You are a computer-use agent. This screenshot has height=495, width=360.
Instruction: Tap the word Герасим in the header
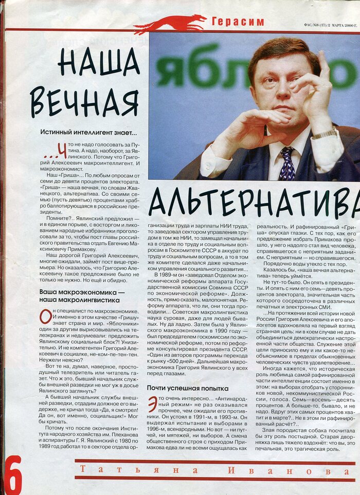(x=238, y=22)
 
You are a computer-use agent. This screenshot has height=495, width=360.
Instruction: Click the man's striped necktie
(x=287, y=163)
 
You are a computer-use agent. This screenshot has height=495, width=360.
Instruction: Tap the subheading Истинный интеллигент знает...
(x=88, y=132)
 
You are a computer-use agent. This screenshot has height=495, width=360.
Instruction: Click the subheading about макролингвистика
(x=82, y=297)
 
